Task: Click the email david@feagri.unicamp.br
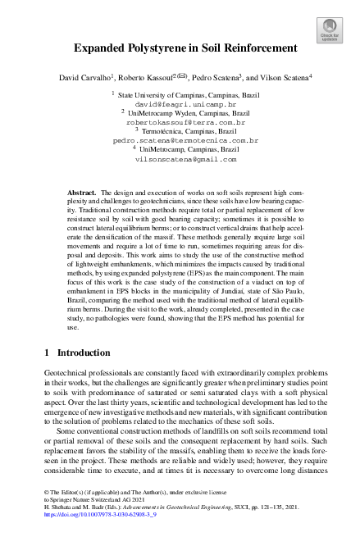tap(180, 105)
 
